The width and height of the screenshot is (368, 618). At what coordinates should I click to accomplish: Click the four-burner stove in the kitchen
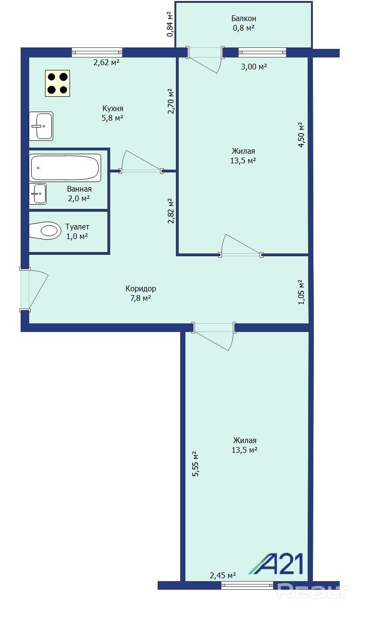click(x=57, y=83)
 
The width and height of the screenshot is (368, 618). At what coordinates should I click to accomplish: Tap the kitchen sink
click(x=41, y=126)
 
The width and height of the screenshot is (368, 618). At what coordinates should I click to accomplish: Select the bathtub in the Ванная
click(x=65, y=168)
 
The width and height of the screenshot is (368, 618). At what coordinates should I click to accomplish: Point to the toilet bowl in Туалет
click(x=45, y=230)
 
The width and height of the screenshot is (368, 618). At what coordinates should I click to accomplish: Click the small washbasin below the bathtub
click(x=38, y=194)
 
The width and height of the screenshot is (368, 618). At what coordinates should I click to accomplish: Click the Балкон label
click(x=243, y=19)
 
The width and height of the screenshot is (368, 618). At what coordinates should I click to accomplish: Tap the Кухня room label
click(x=113, y=108)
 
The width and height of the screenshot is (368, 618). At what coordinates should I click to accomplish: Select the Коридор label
click(x=141, y=288)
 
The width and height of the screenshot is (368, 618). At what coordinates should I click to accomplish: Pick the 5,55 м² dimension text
click(x=195, y=464)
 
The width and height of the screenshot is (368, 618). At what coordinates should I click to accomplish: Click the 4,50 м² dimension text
click(x=301, y=135)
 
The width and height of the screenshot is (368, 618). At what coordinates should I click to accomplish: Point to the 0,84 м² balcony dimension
click(x=170, y=24)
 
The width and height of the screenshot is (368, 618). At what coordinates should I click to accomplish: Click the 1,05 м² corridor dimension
click(x=301, y=292)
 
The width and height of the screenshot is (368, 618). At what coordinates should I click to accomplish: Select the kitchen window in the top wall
click(x=97, y=52)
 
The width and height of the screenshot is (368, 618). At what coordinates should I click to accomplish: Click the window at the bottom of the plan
click(x=247, y=586)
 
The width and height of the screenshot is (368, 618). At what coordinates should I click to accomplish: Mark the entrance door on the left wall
click(x=34, y=290)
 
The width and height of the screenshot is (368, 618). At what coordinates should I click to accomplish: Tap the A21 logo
click(x=276, y=564)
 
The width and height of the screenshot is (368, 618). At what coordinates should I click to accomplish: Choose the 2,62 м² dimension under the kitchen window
click(x=106, y=62)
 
